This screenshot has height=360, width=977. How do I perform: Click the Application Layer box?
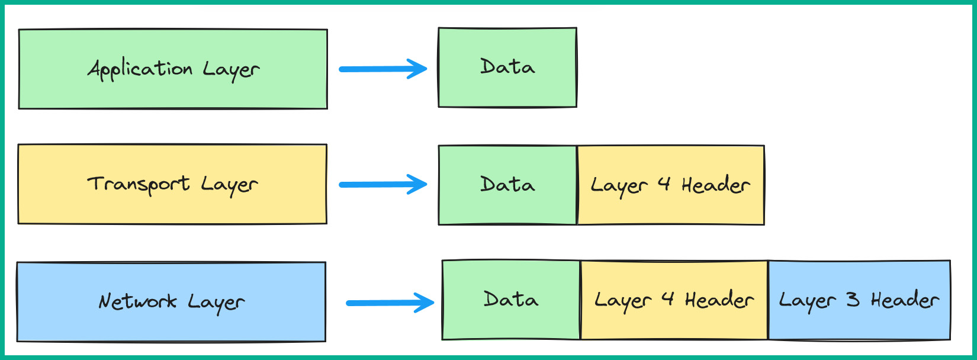(x=173, y=69)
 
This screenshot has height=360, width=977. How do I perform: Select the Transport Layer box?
(x=172, y=184)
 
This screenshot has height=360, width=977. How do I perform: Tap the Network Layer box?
(x=171, y=302)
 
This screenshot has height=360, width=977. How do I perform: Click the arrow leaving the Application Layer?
(x=382, y=69)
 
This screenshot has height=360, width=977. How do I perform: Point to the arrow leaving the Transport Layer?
(x=382, y=184)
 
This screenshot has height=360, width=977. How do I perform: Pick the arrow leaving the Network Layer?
(x=389, y=303)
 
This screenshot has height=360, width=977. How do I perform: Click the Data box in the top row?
(x=507, y=67)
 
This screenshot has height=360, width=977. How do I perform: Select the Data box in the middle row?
(x=507, y=185)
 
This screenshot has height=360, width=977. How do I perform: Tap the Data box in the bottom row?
(x=511, y=300)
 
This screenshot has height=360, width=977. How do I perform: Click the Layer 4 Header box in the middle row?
(x=670, y=185)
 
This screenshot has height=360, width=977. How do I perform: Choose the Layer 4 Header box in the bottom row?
(x=674, y=300)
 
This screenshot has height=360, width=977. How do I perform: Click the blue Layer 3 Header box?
(x=859, y=300)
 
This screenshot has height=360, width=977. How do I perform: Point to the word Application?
(x=140, y=70)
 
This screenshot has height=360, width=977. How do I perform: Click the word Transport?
(x=139, y=184)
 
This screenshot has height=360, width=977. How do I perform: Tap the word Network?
(x=137, y=301)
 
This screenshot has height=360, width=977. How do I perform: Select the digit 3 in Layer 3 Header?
(x=853, y=300)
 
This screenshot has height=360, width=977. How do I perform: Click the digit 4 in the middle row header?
(x=664, y=184)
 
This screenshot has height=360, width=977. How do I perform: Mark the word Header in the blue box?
(x=904, y=300)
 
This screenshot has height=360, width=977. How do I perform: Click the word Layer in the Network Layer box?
(x=216, y=303)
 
